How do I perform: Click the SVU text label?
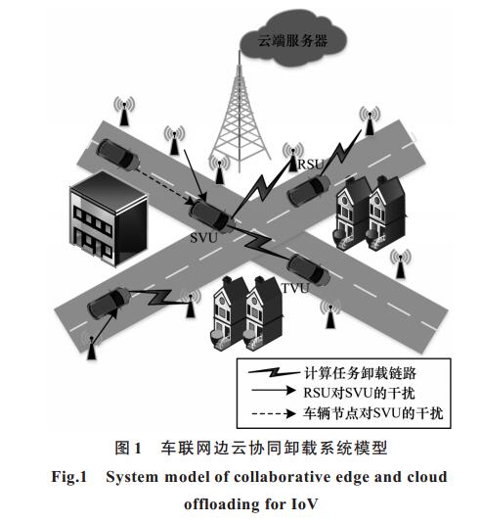[x=203, y=238]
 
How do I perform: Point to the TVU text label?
[x=295, y=288]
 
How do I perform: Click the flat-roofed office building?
[x=109, y=218]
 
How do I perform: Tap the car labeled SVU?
[x=210, y=215]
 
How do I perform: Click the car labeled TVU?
[x=308, y=270]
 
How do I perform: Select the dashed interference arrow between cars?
[x=164, y=185]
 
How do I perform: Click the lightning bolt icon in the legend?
[x=274, y=371]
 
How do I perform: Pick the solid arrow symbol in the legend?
[x=274, y=390]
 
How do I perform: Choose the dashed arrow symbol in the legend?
[x=274, y=413]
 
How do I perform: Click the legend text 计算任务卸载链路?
[x=360, y=373]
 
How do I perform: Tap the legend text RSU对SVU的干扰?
[x=359, y=393]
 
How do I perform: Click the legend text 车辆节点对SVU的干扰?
[x=373, y=413]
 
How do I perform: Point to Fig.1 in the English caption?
[x=68, y=477]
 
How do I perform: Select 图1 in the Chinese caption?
[x=128, y=448]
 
